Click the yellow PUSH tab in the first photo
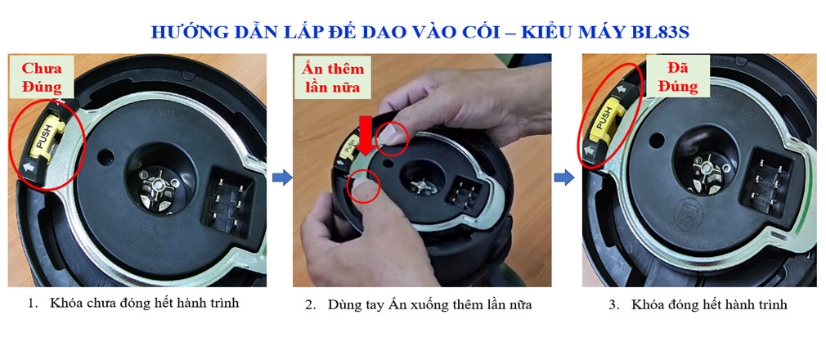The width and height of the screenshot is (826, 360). [41, 134]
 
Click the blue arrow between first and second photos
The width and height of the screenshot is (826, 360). [281, 178]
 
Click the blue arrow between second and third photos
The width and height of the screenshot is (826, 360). [563, 178]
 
